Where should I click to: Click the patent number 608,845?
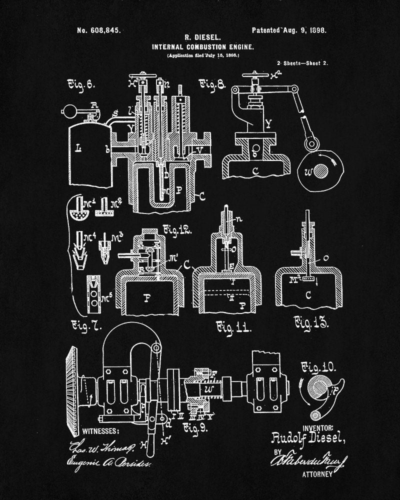[x=98, y=30]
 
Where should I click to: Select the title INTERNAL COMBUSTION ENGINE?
[x=202, y=46]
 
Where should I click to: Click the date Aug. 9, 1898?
[x=306, y=30]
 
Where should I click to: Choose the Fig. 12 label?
[x=177, y=230]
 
